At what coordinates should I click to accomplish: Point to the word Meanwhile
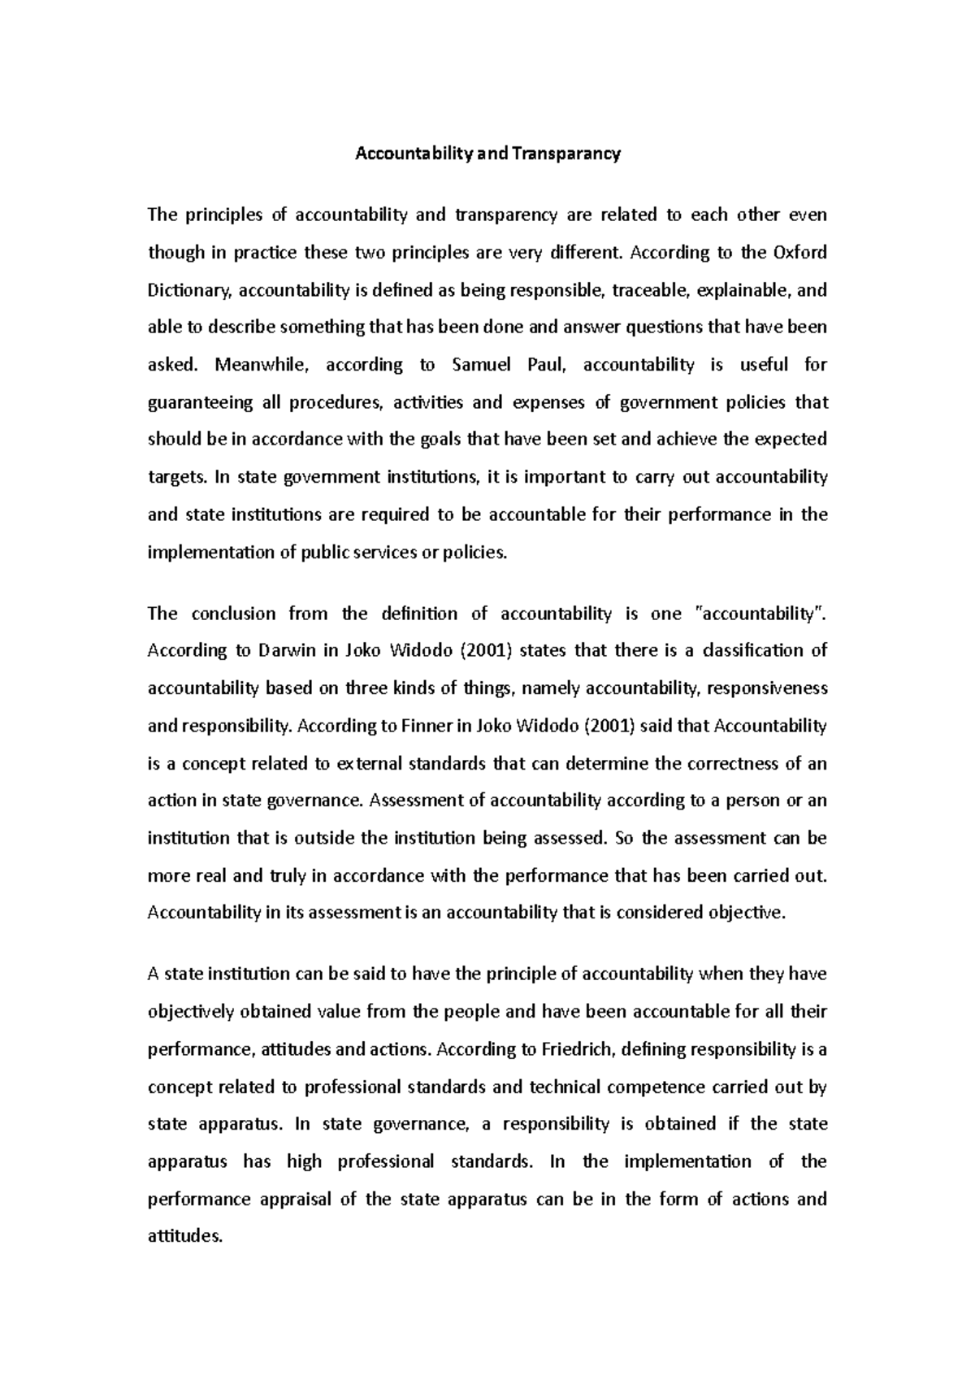[262, 365]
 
